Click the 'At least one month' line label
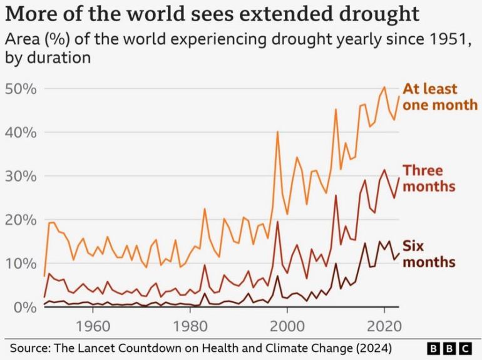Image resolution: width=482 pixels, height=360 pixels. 439,96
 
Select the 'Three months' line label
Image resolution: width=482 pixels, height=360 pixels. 428,178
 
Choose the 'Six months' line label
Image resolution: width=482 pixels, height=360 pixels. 428,253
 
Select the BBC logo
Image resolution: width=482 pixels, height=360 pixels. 449,347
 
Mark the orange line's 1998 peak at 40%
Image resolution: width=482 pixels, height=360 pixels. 277,131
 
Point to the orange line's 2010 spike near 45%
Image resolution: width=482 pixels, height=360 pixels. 336,110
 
